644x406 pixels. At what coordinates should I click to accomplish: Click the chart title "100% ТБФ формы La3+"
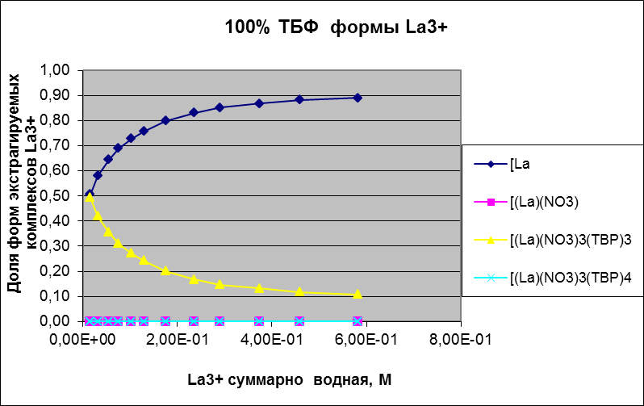(x=336, y=27)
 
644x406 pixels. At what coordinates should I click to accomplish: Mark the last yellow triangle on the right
(x=358, y=295)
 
